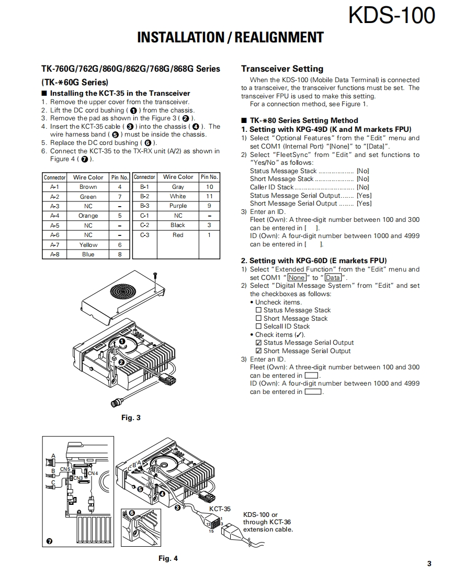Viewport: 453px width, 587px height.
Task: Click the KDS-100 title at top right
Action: click(391, 15)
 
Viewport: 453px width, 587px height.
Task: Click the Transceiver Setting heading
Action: click(282, 69)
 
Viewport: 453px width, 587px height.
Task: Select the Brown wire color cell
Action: click(88, 187)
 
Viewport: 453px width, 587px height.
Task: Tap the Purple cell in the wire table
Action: click(178, 206)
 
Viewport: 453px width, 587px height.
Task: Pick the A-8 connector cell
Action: click(54, 254)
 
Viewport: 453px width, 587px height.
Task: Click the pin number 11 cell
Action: click(209, 197)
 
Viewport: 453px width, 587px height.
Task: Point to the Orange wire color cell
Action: click(88, 216)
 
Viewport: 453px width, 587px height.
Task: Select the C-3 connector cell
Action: click(144, 235)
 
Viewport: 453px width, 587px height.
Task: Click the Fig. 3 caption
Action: click(131, 417)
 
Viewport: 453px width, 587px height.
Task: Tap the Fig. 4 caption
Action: click(168, 558)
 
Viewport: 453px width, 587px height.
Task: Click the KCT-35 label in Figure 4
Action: click(220, 509)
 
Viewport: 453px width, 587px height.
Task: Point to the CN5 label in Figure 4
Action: click(65, 469)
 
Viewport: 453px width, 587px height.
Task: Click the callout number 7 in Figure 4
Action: click(49, 541)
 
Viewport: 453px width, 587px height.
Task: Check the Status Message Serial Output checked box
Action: click(258, 343)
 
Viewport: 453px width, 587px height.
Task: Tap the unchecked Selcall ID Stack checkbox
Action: click(258, 326)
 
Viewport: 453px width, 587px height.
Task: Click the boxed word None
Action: click(297, 278)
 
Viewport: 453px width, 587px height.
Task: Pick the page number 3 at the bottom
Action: click(429, 563)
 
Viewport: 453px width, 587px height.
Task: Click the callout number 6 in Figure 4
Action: click(131, 513)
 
